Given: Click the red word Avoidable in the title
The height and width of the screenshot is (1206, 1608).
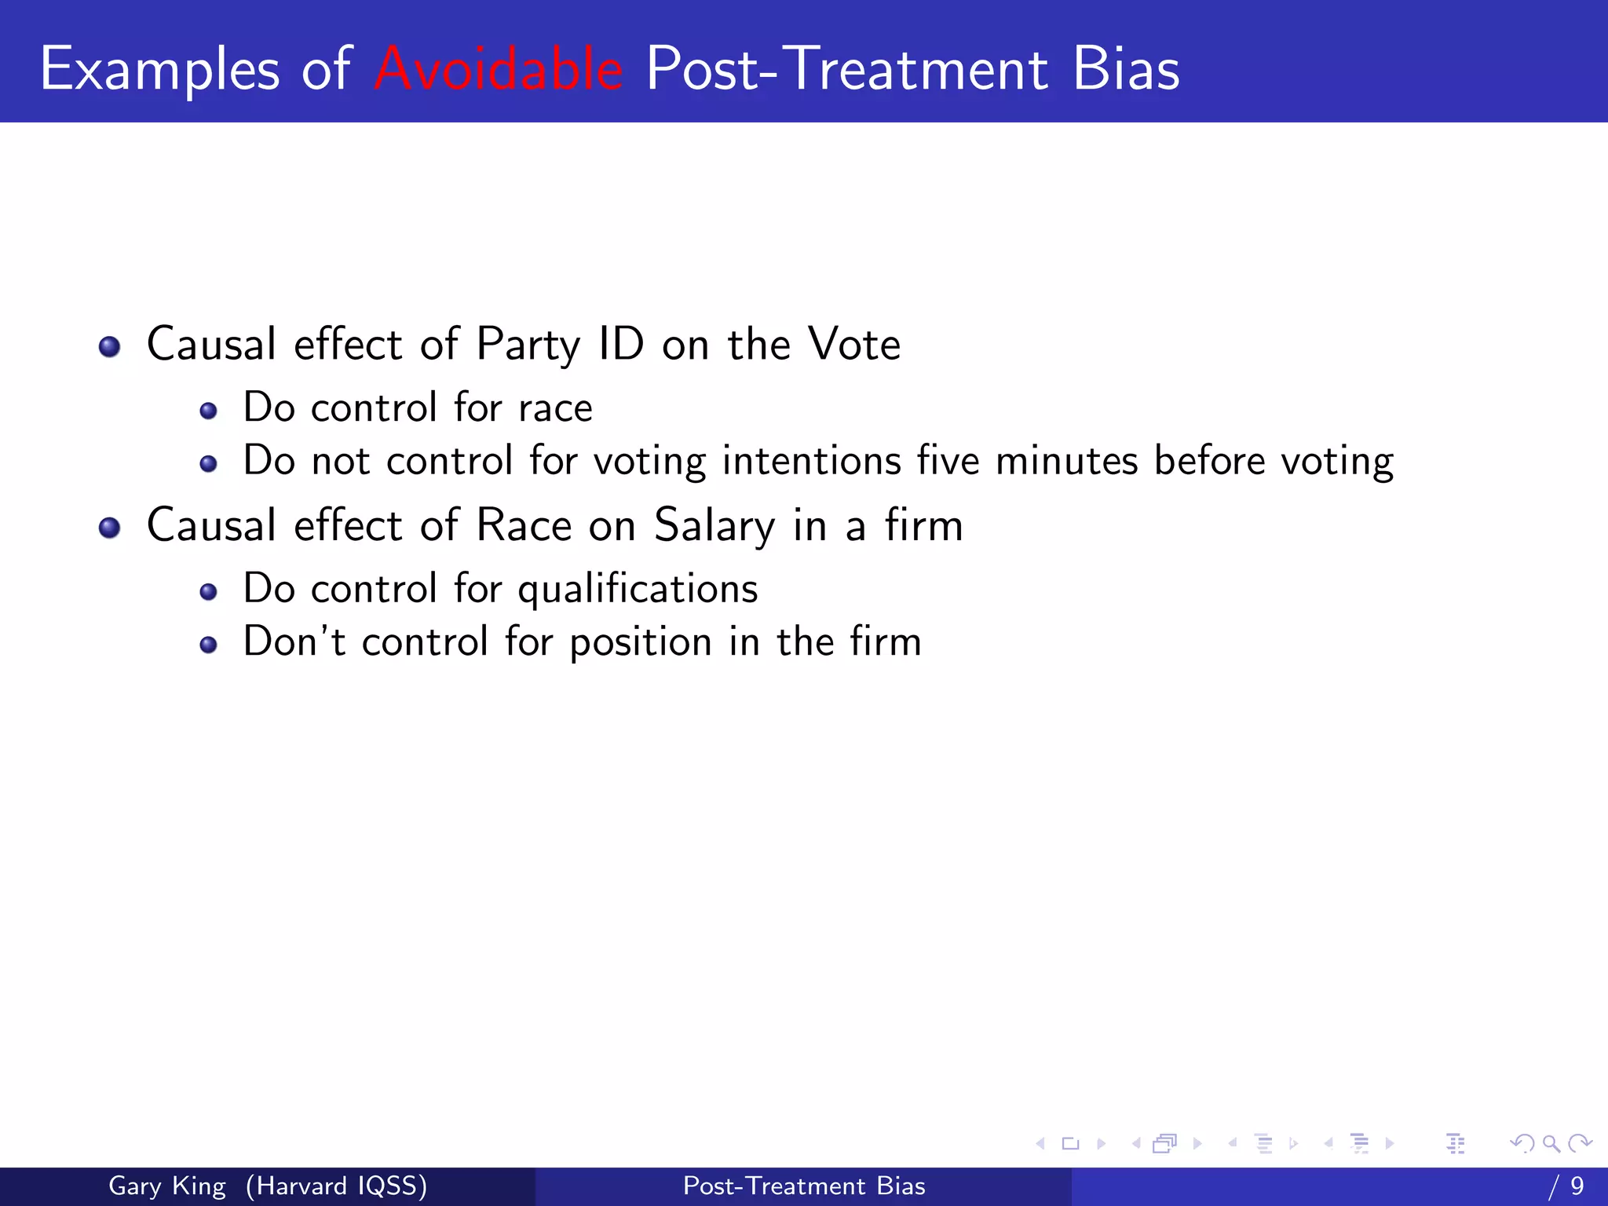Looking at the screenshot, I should click(x=499, y=69).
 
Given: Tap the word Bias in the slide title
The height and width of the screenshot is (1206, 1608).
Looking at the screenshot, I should click(x=1125, y=69).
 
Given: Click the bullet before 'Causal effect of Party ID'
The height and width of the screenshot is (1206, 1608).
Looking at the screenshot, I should click(x=110, y=346).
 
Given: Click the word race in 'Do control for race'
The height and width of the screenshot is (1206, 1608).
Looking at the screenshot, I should click(x=555, y=408).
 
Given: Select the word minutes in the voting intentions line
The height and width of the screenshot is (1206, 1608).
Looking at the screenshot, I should click(x=1066, y=461).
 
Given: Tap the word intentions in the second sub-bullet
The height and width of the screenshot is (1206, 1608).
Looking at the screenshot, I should click(x=811, y=461).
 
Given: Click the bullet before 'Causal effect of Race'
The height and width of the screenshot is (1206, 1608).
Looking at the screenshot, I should click(x=110, y=528).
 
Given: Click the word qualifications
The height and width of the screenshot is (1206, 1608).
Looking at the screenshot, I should click(x=638, y=589).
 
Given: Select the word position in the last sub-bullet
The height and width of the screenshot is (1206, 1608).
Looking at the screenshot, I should click(x=640, y=642).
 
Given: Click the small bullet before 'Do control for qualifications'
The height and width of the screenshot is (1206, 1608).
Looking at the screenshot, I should click(x=208, y=591).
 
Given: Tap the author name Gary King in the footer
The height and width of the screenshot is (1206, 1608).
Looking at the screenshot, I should click(x=167, y=1186).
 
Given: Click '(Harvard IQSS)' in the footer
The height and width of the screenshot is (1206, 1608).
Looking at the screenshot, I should click(x=336, y=1186).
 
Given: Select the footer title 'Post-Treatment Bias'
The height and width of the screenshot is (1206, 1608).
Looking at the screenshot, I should click(x=804, y=1186).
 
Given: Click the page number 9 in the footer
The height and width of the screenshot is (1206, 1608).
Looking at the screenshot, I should click(x=1577, y=1186).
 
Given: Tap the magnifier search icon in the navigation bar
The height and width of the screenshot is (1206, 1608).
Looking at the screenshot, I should click(x=1551, y=1143).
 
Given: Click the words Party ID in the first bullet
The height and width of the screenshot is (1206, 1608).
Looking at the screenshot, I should click(x=560, y=345).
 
